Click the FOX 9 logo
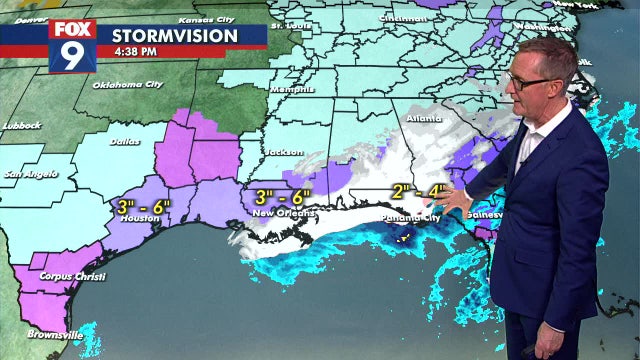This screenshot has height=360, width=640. point(72,45)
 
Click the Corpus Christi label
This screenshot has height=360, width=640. point(70,276)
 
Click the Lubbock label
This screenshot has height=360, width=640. point(20,125)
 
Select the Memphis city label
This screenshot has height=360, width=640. point(287,88)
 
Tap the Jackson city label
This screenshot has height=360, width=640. point(286,153)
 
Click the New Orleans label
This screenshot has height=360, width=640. point(284,213)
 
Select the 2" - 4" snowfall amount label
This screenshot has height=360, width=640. point(419,192)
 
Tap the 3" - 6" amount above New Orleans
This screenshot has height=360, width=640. point(283,197)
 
